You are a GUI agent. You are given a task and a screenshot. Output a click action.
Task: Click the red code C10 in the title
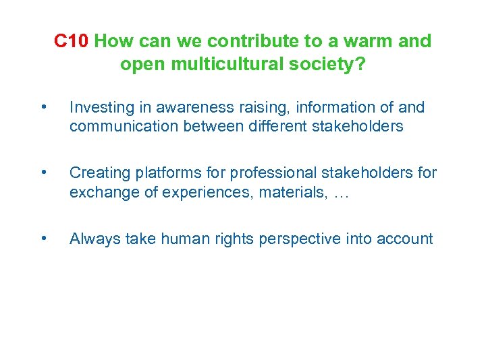tap(72, 42)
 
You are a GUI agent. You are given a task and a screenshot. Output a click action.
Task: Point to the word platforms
tap(159, 173)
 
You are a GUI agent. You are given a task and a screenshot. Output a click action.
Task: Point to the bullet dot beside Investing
tap(43, 107)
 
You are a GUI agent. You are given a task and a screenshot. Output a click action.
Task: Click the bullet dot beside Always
tap(43, 238)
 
